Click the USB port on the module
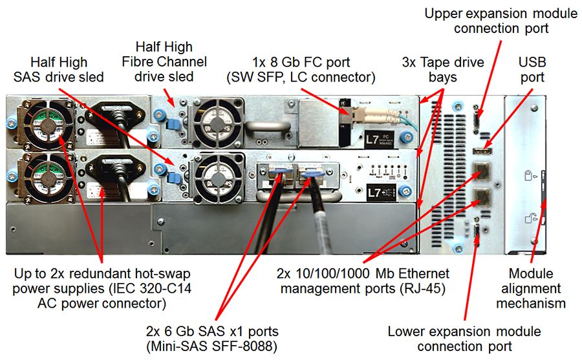(x=482, y=151)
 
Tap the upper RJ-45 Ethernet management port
(x=482, y=171)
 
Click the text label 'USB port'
(x=532, y=70)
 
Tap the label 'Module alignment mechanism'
(x=536, y=288)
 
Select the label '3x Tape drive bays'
(x=442, y=70)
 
